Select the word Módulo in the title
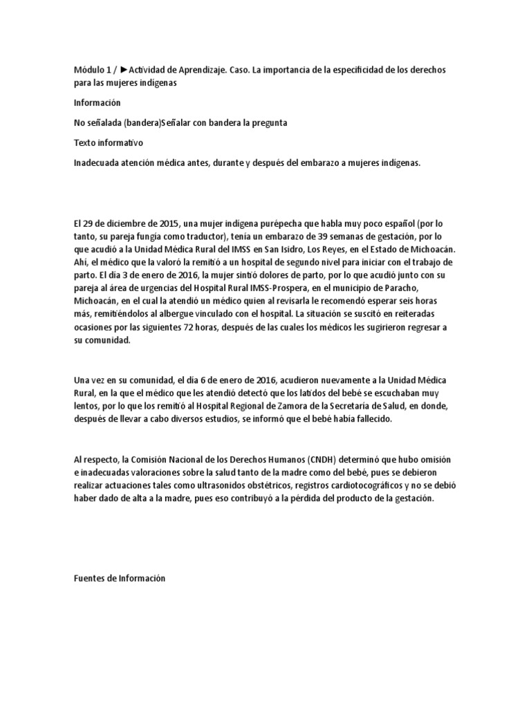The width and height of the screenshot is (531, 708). tap(88, 70)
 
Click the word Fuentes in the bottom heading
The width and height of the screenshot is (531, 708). tap(91, 579)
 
